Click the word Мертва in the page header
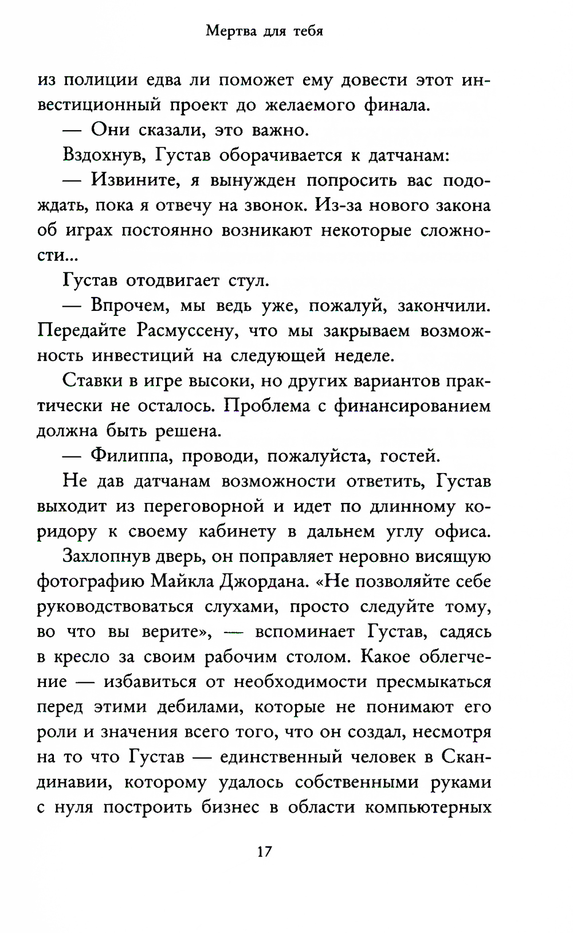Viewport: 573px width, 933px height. pos(231,31)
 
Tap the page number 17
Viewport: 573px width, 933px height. pos(264,851)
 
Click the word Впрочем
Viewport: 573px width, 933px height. pos(130,306)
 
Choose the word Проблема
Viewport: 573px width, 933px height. pos(267,406)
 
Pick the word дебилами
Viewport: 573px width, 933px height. pos(200,707)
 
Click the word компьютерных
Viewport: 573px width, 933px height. pos(428,807)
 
